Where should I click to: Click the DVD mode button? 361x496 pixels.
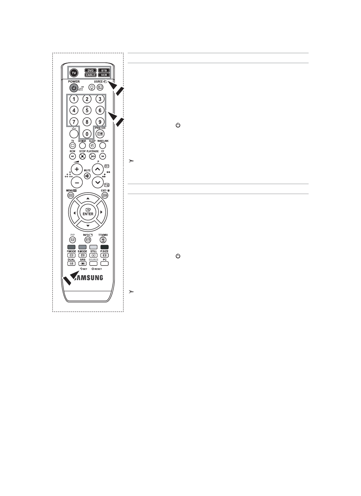click(90, 70)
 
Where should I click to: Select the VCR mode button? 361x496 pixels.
click(104, 75)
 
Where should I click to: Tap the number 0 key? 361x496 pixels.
click(87, 134)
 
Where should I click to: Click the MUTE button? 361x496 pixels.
click(87, 176)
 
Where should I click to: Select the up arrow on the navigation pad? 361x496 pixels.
click(88, 198)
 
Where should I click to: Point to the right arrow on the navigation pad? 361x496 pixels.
click(101, 212)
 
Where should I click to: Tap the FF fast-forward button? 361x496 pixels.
click(102, 157)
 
